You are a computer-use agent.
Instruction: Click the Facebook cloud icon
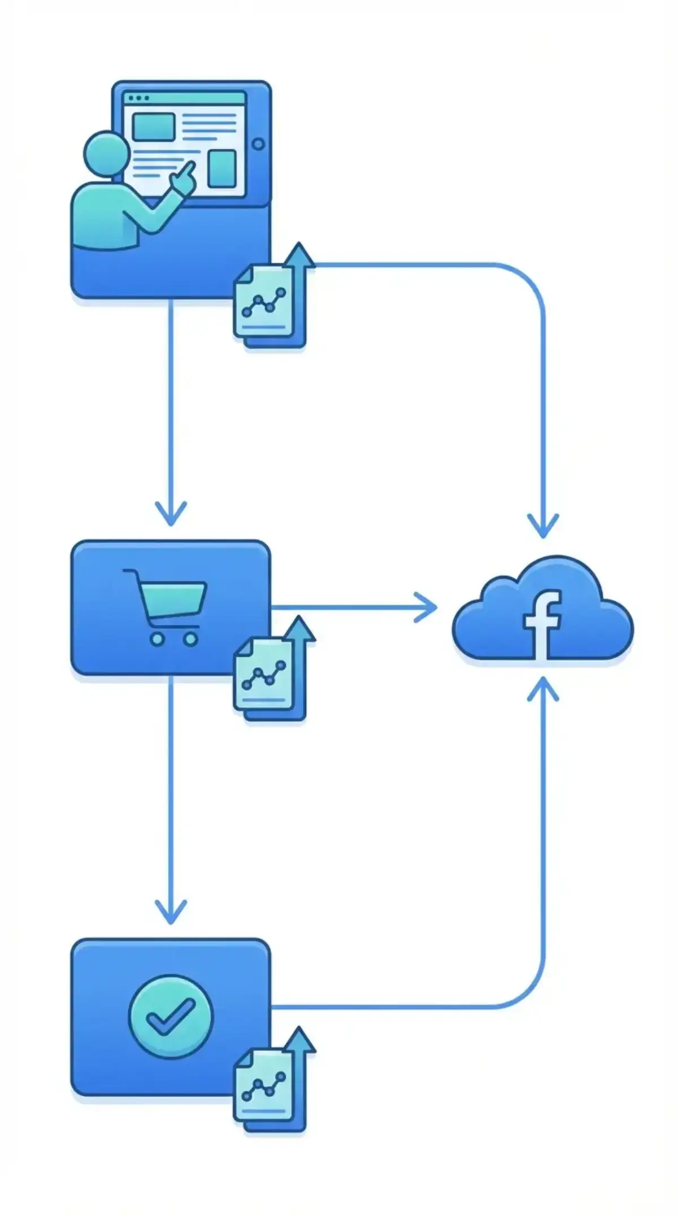tap(542, 610)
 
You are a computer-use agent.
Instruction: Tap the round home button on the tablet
tap(259, 144)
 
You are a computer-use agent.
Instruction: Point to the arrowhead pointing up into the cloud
tap(543, 689)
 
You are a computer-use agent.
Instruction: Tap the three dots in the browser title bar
tap(138, 98)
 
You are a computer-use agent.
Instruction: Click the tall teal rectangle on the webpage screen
tap(221, 168)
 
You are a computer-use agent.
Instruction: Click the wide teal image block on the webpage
tap(153, 127)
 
